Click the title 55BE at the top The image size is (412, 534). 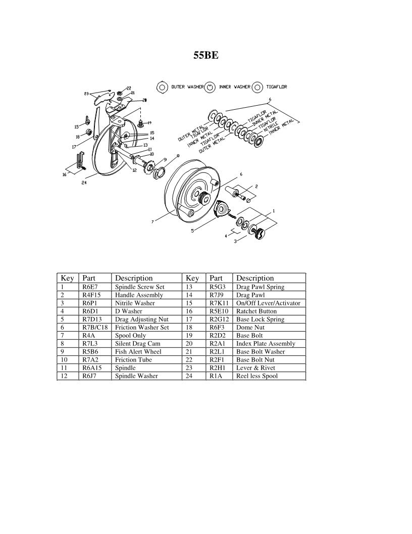click(206, 56)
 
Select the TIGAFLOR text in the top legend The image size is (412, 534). click(276, 87)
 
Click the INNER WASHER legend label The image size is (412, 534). click(234, 87)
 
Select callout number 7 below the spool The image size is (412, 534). click(152, 221)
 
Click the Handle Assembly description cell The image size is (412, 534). click(139, 295)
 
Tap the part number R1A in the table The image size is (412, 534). click(216, 376)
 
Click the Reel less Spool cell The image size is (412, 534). click(257, 376)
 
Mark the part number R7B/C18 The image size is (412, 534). click(94, 328)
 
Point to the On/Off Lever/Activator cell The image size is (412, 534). click(268, 303)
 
